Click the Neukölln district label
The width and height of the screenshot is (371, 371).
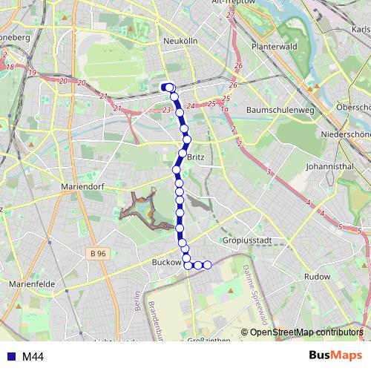tap(180, 42)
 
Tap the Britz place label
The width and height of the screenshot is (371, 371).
tap(196, 158)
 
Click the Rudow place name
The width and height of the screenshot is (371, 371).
tap(317, 276)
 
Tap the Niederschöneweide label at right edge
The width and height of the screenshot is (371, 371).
tap(345, 134)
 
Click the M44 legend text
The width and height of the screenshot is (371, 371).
tap(33, 357)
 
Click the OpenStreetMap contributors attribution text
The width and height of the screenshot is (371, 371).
tap(306, 332)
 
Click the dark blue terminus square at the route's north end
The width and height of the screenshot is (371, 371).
tap(164, 87)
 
